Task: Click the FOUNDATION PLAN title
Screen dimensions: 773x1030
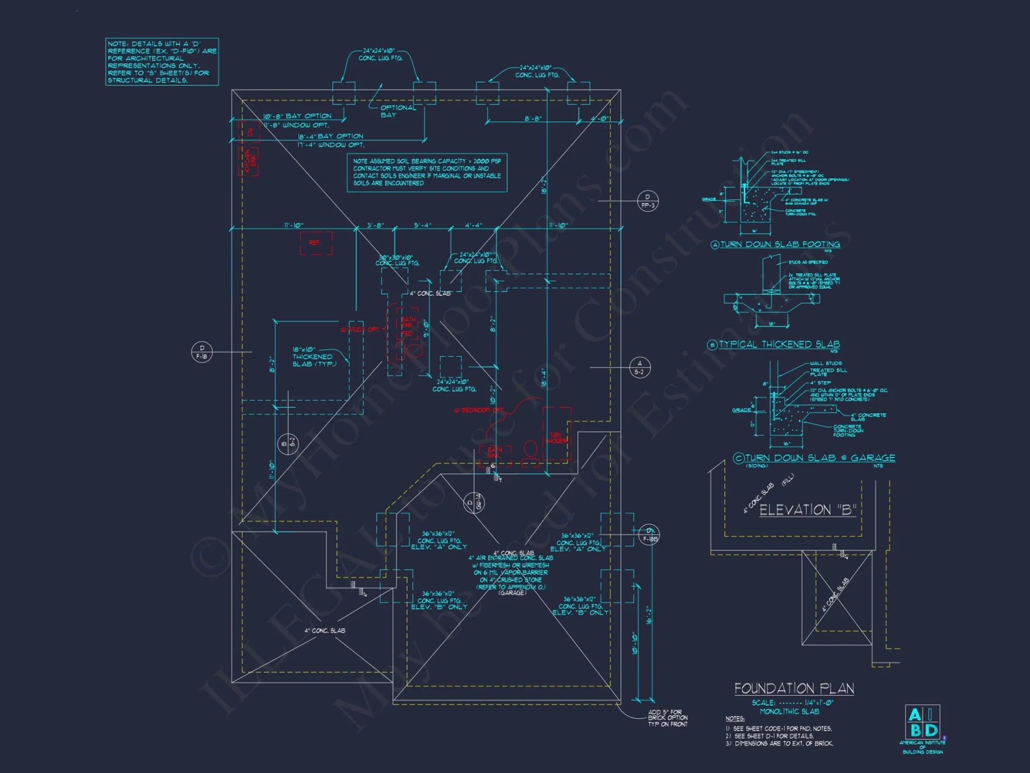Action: coord(794,688)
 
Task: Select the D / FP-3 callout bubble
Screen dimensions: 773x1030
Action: coord(647,201)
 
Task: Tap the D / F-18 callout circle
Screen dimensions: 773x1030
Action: coord(201,352)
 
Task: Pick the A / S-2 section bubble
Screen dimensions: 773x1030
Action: coord(639,367)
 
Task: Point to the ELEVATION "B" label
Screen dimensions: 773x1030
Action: coord(808,510)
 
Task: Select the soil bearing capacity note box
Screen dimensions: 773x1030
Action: coord(427,172)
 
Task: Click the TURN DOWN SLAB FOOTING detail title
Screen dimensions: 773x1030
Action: coord(780,244)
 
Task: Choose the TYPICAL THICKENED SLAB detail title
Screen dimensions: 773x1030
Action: coord(779,344)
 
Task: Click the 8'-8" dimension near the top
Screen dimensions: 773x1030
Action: coord(533,119)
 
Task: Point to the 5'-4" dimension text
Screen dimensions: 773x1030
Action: coord(422,225)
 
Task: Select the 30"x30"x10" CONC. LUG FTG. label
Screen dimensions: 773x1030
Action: coord(397,260)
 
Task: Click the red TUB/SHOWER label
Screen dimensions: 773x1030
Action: coord(556,438)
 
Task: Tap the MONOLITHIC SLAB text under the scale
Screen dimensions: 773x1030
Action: coord(789,711)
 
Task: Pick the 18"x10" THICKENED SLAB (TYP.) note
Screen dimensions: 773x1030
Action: coord(314,357)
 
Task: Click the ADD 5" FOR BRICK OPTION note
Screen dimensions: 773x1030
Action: coord(667,718)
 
